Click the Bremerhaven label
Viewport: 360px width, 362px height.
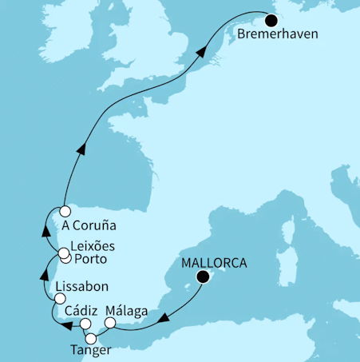tap(277, 37)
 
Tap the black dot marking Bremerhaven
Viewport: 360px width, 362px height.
tap(271, 22)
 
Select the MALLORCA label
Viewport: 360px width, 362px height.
tap(214, 263)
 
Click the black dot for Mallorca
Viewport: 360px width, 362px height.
tap(204, 277)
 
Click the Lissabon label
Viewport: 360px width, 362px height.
tap(82, 285)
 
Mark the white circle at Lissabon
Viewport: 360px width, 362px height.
tap(58, 298)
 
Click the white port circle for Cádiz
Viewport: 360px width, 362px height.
tap(85, 324)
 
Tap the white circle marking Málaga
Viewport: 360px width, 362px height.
tap(110, 324)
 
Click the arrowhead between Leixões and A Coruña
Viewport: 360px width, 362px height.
tap(47, 232)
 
